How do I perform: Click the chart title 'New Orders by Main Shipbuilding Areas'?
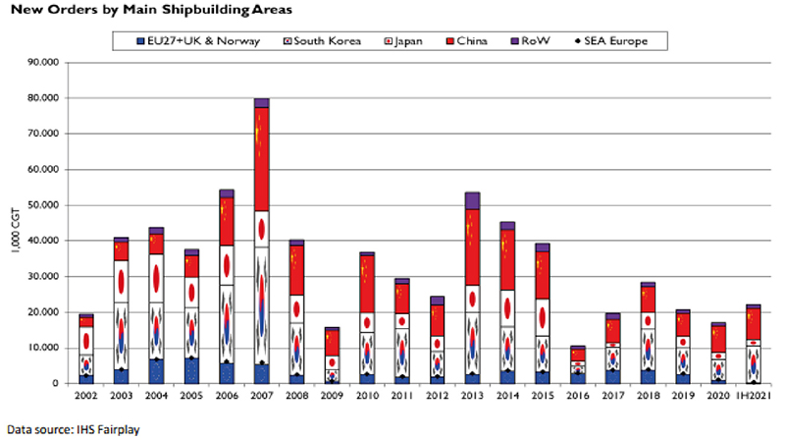(151, 10)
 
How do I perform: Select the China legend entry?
(467, 41)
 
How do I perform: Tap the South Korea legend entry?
(322, 41)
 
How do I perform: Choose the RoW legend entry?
(530, 41)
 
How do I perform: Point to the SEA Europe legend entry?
(611, 41)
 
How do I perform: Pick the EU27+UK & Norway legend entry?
(198, 41)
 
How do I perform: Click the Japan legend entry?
(403, 41)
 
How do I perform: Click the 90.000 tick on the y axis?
(43, 62)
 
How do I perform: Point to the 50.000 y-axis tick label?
(43, 205)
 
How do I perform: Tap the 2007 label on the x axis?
(262, 396)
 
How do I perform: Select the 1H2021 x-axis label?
(754, 396)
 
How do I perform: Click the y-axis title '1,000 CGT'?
(16, 230)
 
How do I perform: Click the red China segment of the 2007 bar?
(262, 159)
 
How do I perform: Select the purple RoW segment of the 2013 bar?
(473, 201)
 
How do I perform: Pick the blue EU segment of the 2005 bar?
(191, 371)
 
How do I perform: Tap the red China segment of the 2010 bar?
(367, 284)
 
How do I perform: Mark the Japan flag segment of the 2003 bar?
(121, 282)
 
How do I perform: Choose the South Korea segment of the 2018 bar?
(648, 350)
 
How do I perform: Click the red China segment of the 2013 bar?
(473, 247)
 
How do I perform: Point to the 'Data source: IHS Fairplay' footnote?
(73, 430)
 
